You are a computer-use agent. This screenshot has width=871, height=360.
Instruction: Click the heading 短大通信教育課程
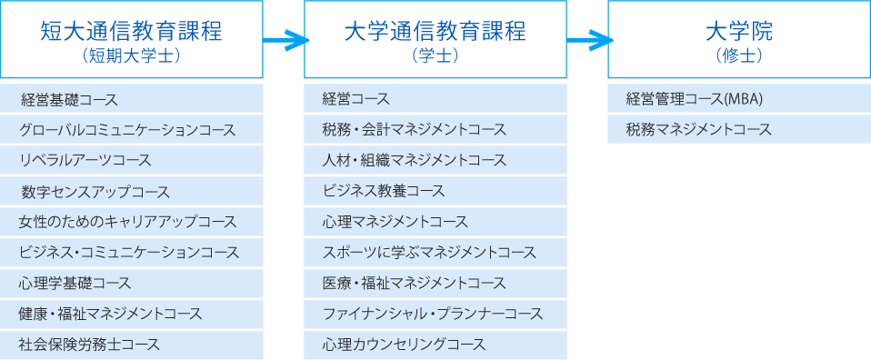coord(132,31)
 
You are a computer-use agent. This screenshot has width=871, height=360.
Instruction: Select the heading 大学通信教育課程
coord(435,31)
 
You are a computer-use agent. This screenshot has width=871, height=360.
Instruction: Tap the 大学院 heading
coord(738,31)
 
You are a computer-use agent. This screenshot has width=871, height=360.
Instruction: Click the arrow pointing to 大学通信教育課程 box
coord(285,39)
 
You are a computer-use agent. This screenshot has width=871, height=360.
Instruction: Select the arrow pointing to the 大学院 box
coord(588,39)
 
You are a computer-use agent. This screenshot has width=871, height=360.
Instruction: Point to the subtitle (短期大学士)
coord(132,55)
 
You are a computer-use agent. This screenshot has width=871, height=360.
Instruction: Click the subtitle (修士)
coord(738,55)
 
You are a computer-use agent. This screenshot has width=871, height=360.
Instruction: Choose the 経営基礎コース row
coord(70,98)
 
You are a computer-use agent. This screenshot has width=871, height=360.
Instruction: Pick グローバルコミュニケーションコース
coord(128,129)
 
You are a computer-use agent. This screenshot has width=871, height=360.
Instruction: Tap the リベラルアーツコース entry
coord(85,160)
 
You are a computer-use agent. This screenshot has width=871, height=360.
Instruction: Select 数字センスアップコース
coord(95,191)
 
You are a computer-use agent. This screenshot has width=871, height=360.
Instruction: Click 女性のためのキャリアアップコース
coord(128,222)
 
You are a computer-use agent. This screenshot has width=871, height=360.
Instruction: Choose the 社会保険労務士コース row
coord(89,345)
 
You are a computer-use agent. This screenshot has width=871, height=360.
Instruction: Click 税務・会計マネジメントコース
coord(414,129)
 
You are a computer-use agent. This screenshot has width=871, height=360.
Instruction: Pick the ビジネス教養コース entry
coord(384,191)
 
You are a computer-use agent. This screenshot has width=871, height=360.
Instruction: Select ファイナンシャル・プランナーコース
coord(433,314)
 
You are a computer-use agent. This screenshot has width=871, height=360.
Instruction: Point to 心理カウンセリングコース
coord(404,345)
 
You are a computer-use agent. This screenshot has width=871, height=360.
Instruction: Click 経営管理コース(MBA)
coord(694,98)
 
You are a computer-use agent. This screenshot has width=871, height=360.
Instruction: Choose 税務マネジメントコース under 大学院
coord(698,129)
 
